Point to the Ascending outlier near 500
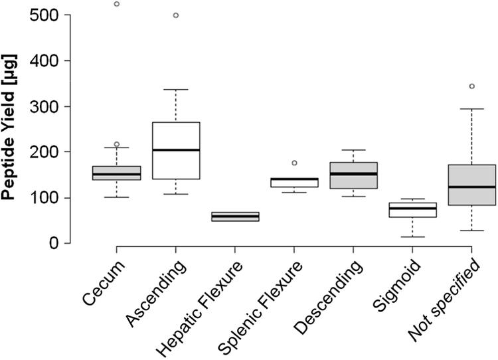click(x=175, y=15)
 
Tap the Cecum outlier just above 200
click(x=116, y=144)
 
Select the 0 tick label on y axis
click(x=66, y=243)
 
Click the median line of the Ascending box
click(x=175, y=150)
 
